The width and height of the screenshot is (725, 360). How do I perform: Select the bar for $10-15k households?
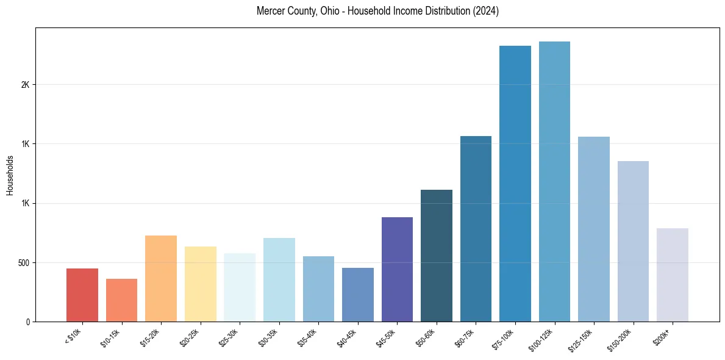[x=121, y=300]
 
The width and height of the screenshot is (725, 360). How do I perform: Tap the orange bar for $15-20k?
[x=161, y=278]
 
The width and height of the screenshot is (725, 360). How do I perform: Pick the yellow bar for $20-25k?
[x=201, y=284]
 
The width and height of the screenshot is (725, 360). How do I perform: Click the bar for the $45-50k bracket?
[x=397, y=269]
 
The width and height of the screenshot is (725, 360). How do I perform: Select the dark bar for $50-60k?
[x=437, y=256]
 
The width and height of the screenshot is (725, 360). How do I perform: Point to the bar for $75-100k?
[x=515, y=184]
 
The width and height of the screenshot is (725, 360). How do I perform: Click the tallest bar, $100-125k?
[x=554, y=181]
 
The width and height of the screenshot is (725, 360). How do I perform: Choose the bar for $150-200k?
[x=633, y=241]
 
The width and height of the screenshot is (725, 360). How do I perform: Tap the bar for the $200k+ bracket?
[x=673, y=275]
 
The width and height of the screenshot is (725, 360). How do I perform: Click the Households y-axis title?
[x=10, y=175]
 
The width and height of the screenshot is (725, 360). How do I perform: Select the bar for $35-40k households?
[x=318, y=289]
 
